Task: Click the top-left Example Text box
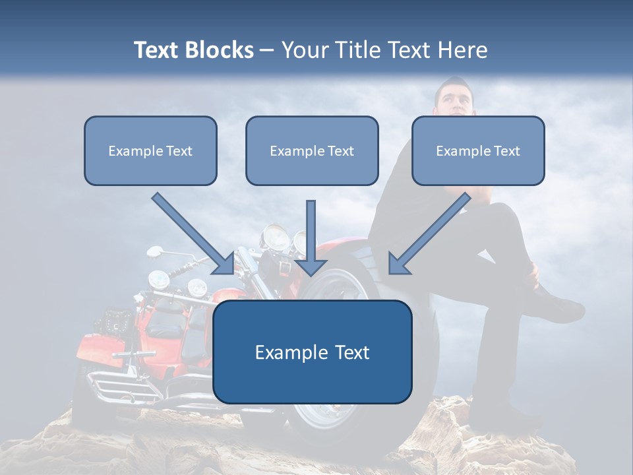pos(150,150)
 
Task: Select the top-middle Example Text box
pos(312,150)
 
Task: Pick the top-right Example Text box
pos(478,150)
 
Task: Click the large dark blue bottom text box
pos(312,352)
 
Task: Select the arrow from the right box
pos(429,234)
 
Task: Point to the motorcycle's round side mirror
pos(155,251)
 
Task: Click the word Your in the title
pos(304,50)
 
